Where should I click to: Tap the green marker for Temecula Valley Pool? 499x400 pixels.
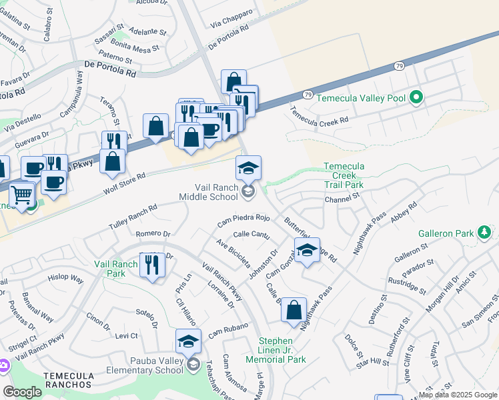417,98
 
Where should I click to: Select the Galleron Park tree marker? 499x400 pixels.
484,233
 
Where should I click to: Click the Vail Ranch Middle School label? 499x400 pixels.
208,192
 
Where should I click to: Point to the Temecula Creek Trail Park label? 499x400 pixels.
344,175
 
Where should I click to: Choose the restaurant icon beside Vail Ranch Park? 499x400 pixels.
153,265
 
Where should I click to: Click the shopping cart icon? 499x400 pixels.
22,195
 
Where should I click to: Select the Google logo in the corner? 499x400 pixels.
23,392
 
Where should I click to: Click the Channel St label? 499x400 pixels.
342,199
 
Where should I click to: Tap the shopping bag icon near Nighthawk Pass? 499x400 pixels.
294,310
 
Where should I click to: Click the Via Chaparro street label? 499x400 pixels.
231,18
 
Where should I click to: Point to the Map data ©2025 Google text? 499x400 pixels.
458,395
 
